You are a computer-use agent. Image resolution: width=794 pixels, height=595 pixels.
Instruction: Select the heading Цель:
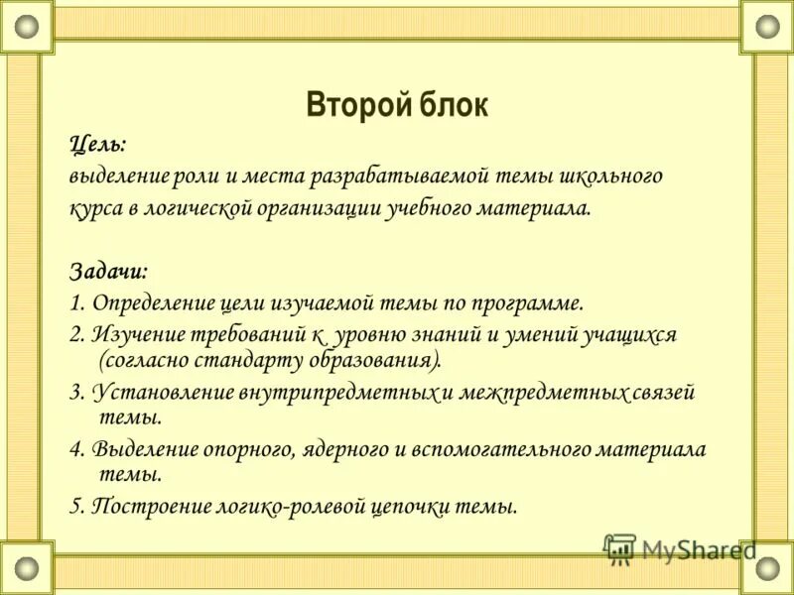pos(97,144)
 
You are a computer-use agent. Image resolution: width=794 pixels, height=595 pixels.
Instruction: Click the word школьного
pos(607,177)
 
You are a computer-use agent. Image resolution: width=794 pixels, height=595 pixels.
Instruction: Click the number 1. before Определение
pos(77,302)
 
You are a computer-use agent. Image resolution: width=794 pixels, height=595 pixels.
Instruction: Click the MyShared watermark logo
pos(679,548)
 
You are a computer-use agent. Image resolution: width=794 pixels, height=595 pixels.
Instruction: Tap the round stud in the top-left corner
pos(27,26)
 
